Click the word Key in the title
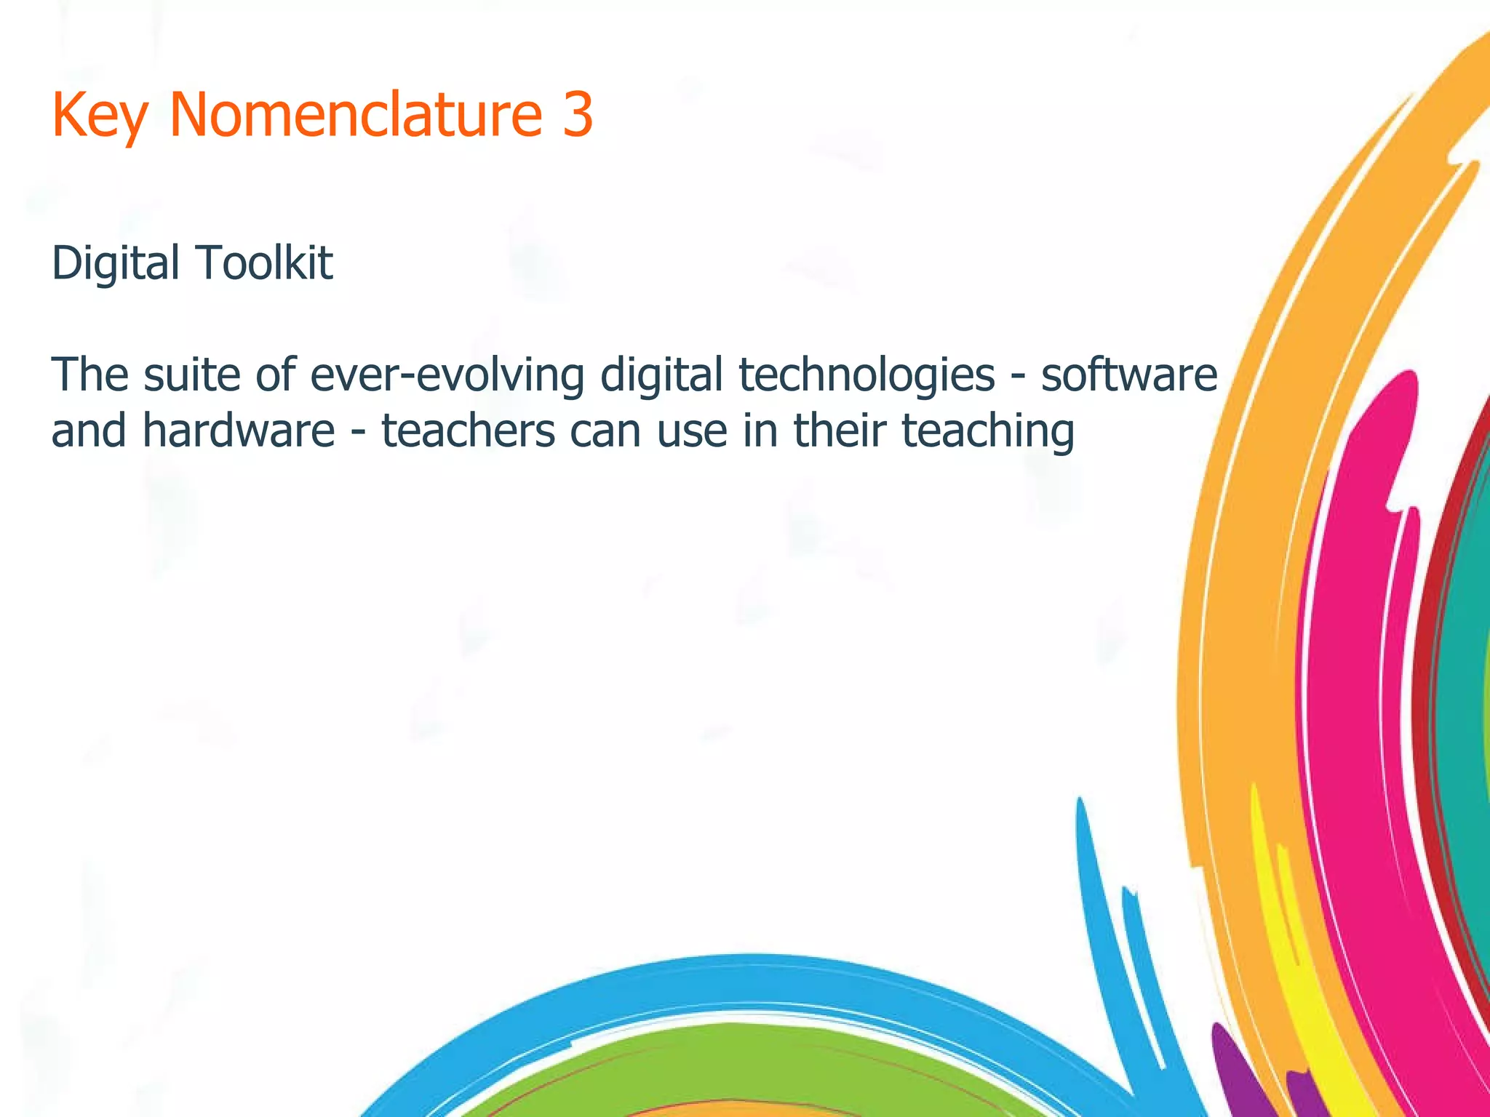[x=100, y=116]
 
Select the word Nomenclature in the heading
[x=356, y=114]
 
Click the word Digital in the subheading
[x=116, y=263]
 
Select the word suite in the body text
[x=191, y=375]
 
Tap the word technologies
[x=866, y=376]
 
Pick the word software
[x=1128, y=375]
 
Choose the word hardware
[x=238, y=430]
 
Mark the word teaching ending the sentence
[x=988, y=431]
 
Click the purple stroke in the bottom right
[x=1237, y=1076]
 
